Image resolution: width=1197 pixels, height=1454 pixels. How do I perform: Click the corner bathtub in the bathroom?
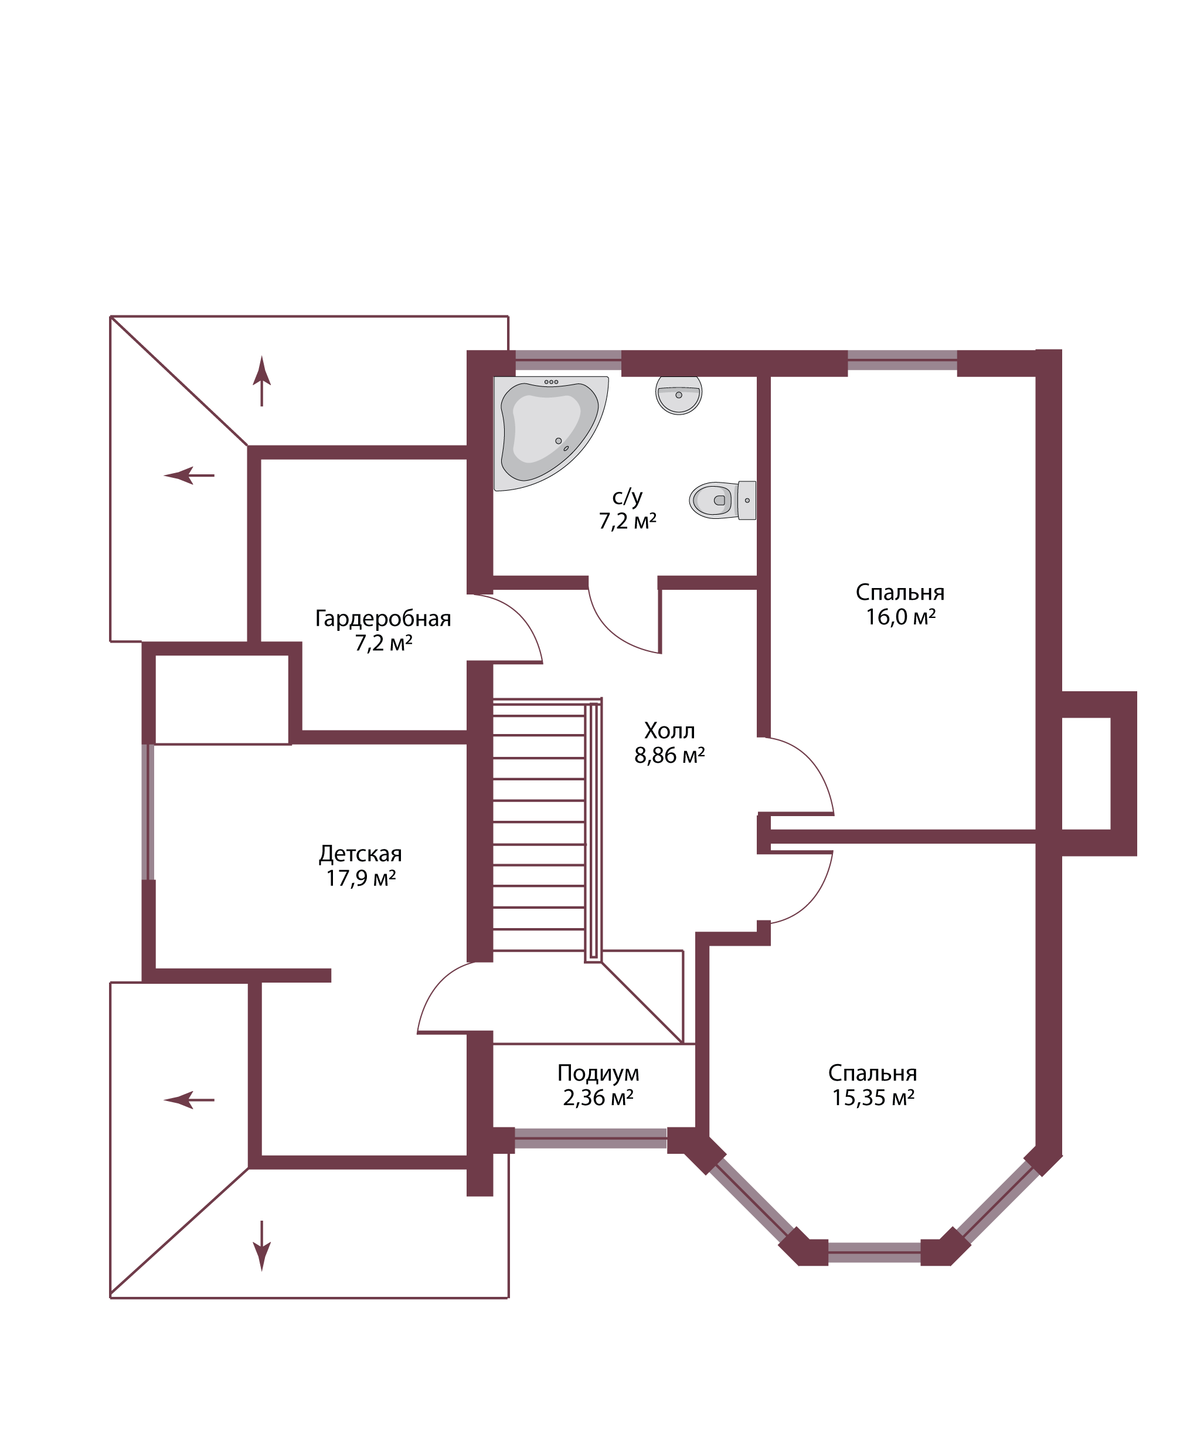(x=550, y=433)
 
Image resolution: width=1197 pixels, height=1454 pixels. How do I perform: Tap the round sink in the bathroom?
(x=678, y=395)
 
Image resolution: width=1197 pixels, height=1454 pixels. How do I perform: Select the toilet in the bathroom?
(x=723, y=500)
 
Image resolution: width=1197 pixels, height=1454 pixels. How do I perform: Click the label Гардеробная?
(x=383, y=618)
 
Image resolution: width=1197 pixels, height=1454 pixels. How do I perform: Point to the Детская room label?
(x=360, y=854)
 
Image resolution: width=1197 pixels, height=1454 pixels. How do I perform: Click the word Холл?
(x=669, y=731)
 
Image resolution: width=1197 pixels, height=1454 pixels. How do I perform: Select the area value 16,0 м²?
(x=900, y=617)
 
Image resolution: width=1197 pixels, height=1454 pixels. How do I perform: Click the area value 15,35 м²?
(x=873, y=1098)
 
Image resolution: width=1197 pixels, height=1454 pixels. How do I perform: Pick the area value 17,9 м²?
(x=361, y=878)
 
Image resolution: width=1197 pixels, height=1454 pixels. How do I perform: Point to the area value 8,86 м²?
(x=669, y=755)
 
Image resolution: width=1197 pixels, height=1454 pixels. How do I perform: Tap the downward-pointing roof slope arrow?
(x=261, y=1246)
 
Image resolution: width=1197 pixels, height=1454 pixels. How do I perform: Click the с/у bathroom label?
(x=627, y=497)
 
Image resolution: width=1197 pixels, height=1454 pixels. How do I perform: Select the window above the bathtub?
(x=568, y=360)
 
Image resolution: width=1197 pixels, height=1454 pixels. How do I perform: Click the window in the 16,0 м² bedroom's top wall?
(x=902, y=360)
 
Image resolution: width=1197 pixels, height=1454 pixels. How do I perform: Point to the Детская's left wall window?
(x=148, y=812)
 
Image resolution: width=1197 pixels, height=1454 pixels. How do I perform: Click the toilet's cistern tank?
(x=747, y=500)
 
